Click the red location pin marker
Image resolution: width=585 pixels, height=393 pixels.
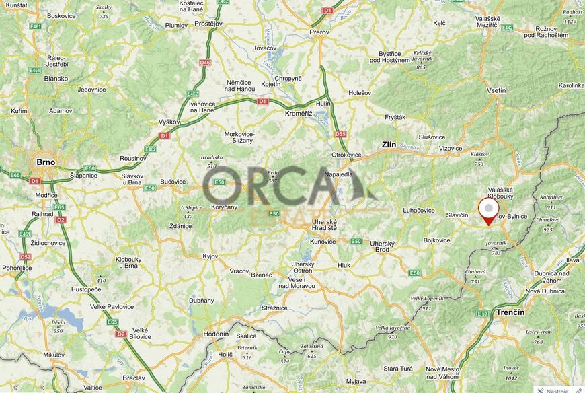(x=488, y=211)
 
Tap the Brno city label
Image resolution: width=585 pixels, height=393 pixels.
(x=46, y=162)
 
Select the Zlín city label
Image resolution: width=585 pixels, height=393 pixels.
(x=389, y=145)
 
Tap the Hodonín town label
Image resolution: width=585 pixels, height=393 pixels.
(x=217, y=334)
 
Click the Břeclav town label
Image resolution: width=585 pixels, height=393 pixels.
(x=134, y=378)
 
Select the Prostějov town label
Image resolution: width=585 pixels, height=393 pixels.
(x=208, y=23)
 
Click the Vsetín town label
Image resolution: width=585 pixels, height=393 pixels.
(x=496, y=90)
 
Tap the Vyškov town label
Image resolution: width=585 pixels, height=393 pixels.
(x=169, y=122)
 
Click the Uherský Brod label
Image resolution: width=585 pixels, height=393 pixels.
(x=381, y=246)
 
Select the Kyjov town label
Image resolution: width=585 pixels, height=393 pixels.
(x=210, y=256)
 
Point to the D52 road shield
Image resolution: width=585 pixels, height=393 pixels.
(x=26, y=257)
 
